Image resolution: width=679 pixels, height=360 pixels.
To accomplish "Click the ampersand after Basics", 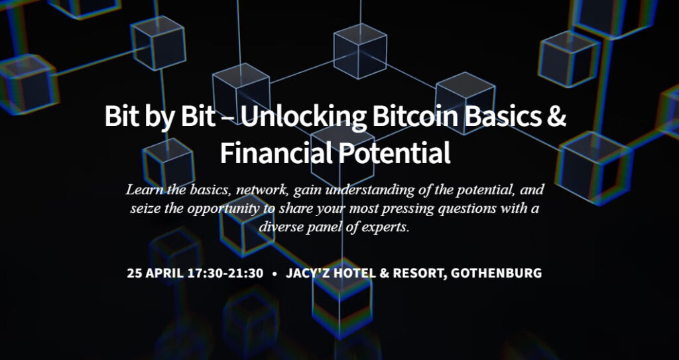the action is tap(556, 117).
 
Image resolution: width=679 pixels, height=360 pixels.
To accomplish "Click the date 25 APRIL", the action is tap(155, 273).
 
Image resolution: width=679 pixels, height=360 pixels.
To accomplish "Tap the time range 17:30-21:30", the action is tap(225, 273).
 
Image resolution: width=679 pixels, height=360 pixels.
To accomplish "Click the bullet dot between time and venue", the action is tap(275, 274).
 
